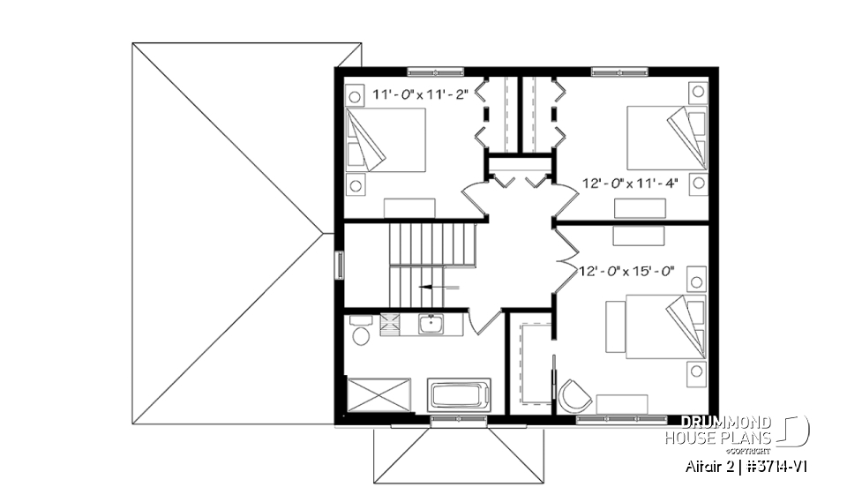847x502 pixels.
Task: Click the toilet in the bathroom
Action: click(x=360, y=333)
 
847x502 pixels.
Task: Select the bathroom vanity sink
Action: click(x=431, y=325)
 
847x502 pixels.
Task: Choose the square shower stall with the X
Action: click(x=379, y=394)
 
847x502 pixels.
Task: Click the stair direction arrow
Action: click(x=438, y=287)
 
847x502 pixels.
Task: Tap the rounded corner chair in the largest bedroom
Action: click(x=574, y=395)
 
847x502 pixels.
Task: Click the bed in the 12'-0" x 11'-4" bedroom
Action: click(x=667, y=138)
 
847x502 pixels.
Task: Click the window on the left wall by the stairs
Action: click(x=339, y=266)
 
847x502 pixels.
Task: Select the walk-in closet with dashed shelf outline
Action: click(x=530, y=363)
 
